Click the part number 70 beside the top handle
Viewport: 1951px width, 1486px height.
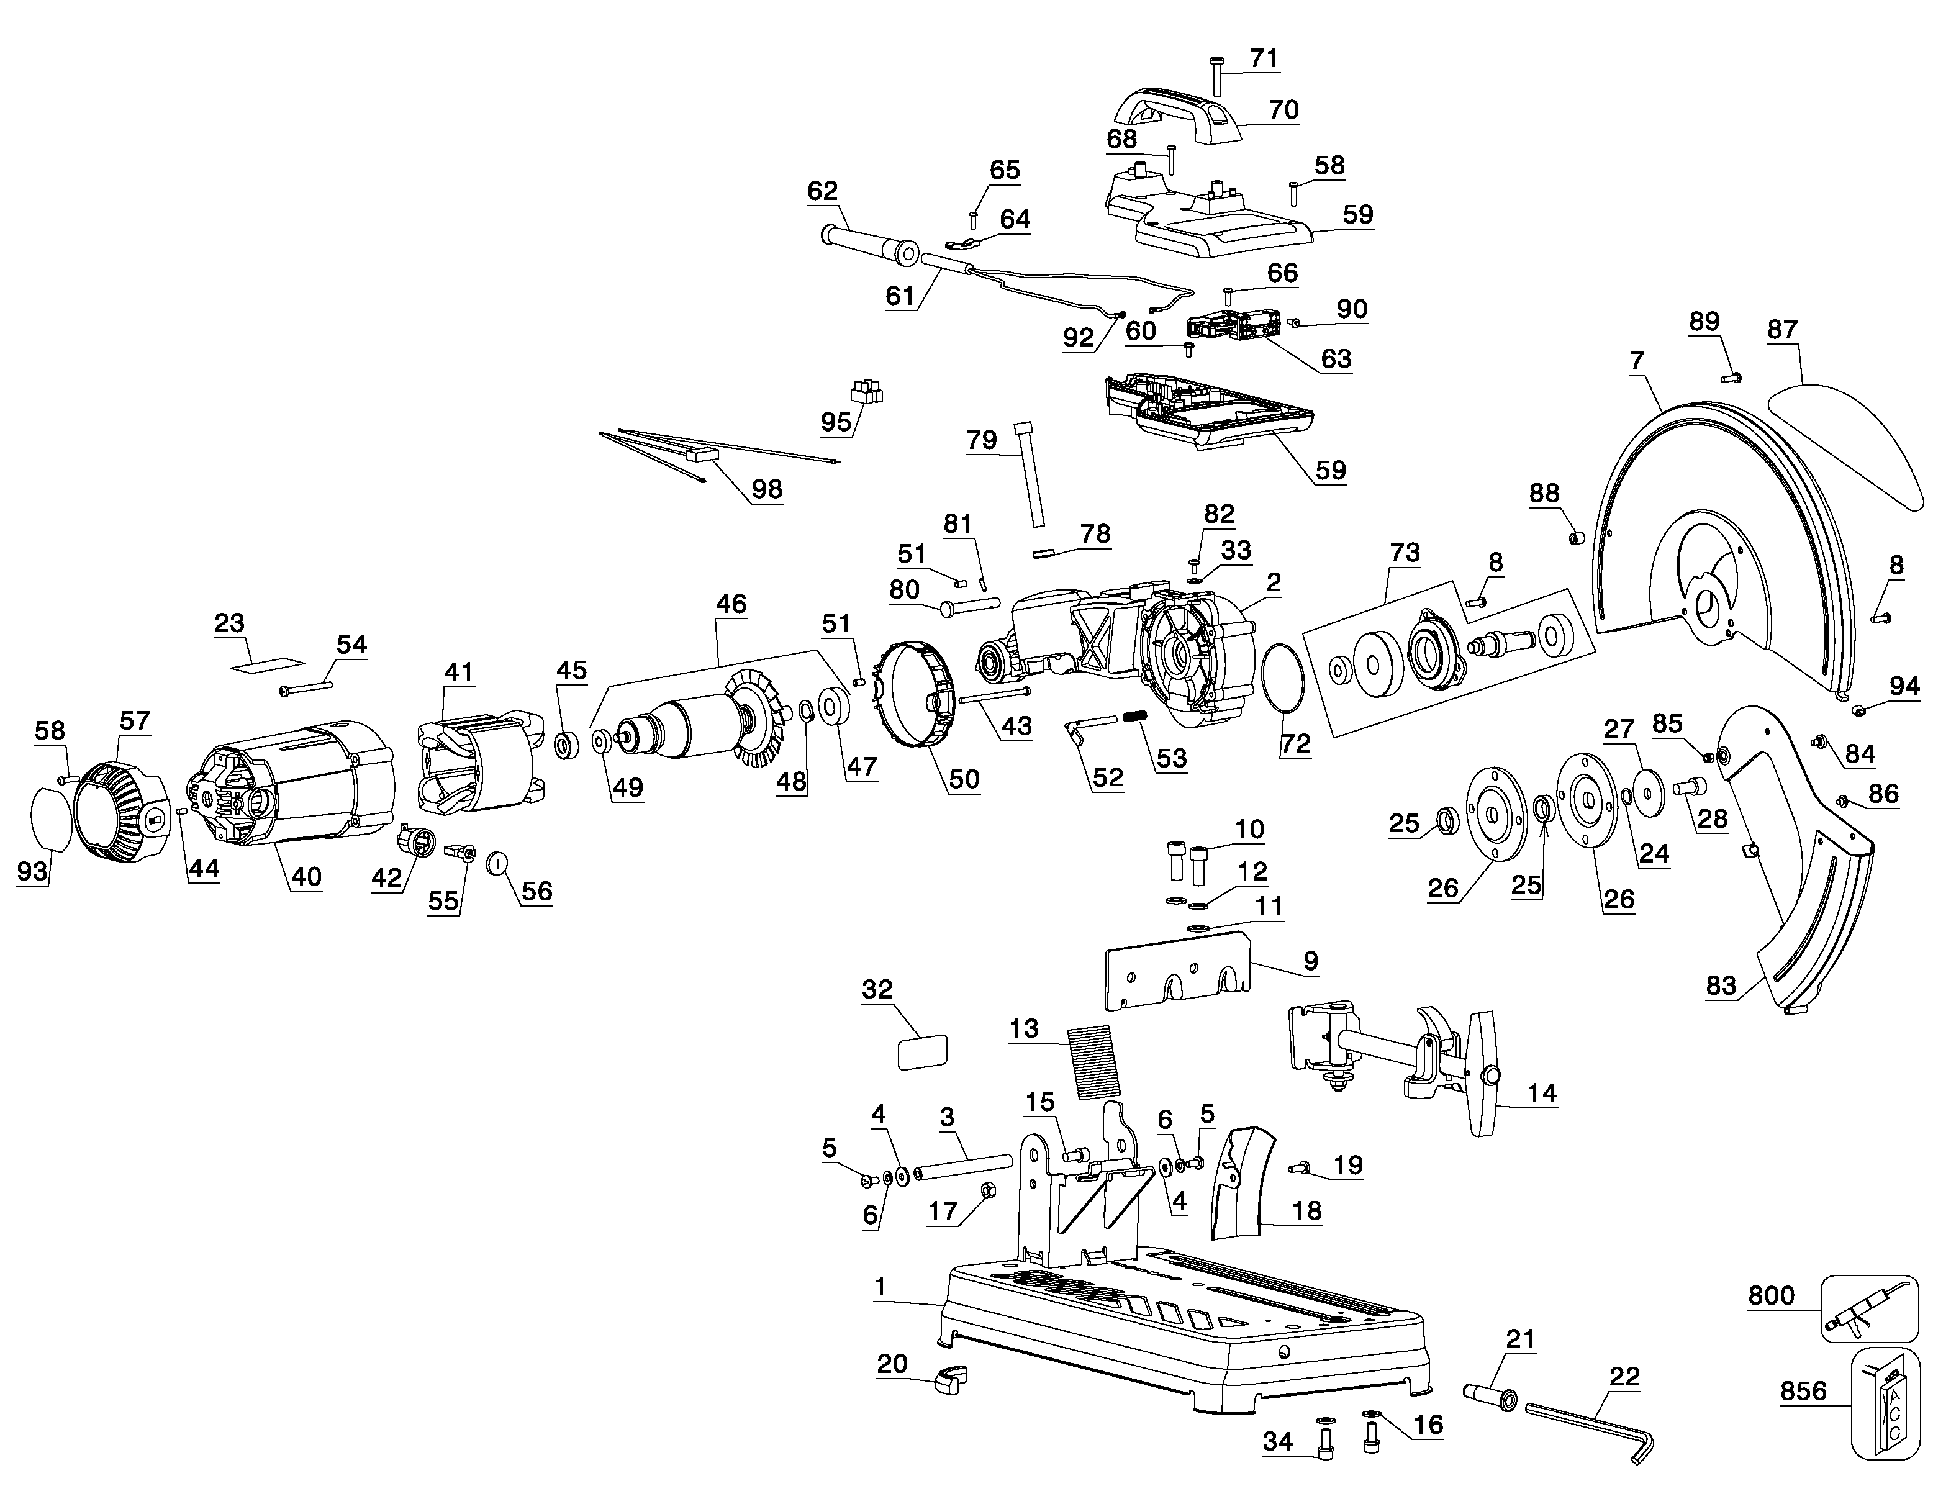point(1283,110)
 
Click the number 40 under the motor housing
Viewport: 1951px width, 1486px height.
point(306,877)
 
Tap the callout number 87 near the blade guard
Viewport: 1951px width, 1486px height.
point(1782,329)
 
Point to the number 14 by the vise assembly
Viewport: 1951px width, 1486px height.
point(1542,1094)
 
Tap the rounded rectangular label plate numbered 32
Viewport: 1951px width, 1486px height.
point(923,1053)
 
